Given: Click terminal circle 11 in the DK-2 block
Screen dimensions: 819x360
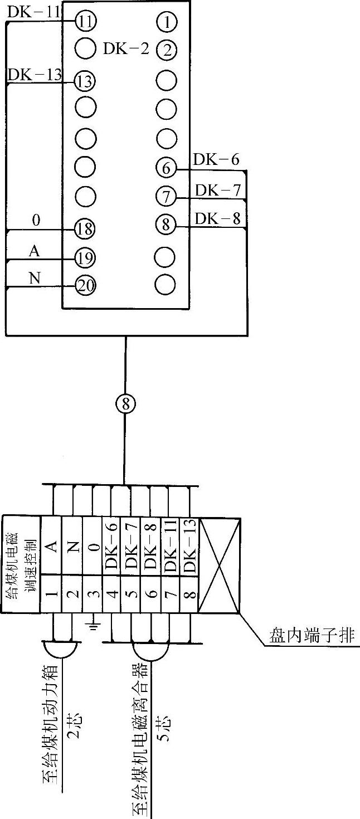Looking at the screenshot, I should click(86, 22).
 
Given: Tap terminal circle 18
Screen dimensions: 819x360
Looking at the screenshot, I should click(86, 228).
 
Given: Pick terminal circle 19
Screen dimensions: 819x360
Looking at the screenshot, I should click(86, 257).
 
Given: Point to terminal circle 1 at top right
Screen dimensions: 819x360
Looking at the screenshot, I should click(167, 22).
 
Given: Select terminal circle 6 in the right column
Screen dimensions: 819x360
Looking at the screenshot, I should click(166, 167).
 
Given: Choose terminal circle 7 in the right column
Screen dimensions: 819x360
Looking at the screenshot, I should click(166, 196).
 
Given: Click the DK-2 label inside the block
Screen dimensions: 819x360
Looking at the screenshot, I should click(127, 49).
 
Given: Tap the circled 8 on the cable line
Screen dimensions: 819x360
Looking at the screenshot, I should click(125, 404).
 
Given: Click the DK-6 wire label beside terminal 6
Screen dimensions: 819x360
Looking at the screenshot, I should click(216, 160).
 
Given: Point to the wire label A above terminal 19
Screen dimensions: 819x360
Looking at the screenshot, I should click(35, 251).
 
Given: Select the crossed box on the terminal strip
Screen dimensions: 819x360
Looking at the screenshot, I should click(220, 566).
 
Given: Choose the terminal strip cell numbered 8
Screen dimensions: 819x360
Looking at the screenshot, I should click(189, 594).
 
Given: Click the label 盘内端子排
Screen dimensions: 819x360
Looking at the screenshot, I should click(312, 636).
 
